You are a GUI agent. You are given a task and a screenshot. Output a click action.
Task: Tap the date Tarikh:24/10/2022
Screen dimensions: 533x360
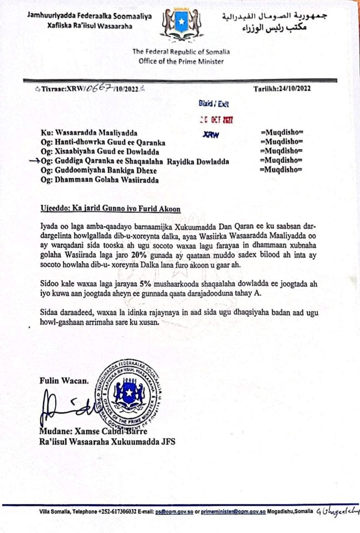tap(282, 89)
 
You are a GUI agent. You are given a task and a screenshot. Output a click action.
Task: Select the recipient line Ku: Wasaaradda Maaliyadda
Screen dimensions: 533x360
tap(85, 132)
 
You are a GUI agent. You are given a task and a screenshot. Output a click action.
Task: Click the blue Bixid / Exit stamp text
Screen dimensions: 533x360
tap(217, 103)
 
